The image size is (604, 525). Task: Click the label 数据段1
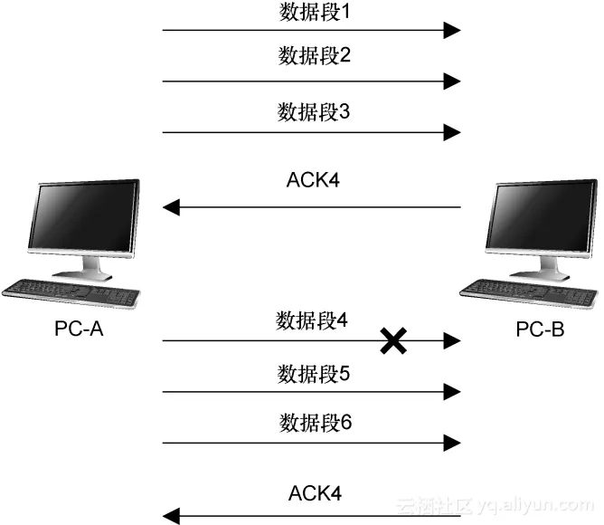pos(312,13)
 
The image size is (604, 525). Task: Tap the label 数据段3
pos(312,113)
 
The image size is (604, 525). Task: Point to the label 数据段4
pos(312,320)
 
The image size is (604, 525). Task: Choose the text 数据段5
pos(312,372)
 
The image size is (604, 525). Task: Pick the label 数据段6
pos(312,423)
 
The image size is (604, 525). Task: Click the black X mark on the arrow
pos(392,341)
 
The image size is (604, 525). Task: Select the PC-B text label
pos(540,329)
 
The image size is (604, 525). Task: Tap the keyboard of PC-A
pos(72,292)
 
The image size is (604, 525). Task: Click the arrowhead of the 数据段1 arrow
pos(452,31)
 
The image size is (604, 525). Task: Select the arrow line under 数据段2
pos(307,81)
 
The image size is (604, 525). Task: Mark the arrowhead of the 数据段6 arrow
pos(452,444)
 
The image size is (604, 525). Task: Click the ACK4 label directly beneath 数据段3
pos(312,179)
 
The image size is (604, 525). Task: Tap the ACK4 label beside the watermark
pos(315,493)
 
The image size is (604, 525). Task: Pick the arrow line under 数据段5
pos(307,393)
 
